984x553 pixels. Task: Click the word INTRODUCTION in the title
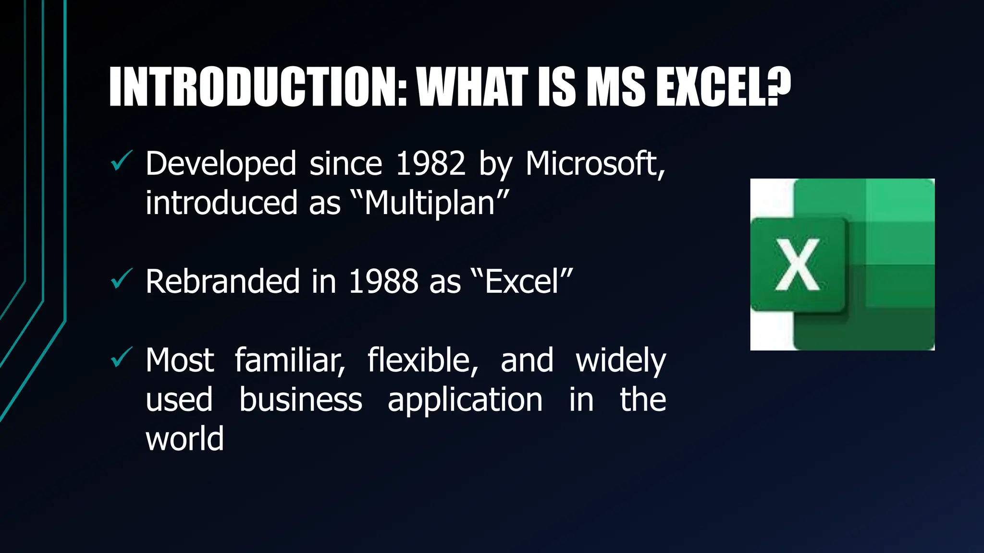pyautogui.click(x=257, y=87)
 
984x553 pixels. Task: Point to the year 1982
pyautogui.click(x=430, y=164)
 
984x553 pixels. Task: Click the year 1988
pyautogui.click(x=383, y=281)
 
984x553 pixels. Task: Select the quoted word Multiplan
pyautogui.click(x=430, y=203)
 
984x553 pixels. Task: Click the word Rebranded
pyautogui.click(x=222, y=281)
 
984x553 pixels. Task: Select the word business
pyautogui.click(x=300, y=399)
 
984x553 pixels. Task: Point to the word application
pyautogui.click(x=465, y=400)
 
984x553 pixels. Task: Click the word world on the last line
pyautogui.click(x=184, y=439)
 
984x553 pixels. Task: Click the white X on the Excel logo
pyautogui.click(x=797, y=264)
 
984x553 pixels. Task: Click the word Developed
pyautogui.click(x=221, y=165)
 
